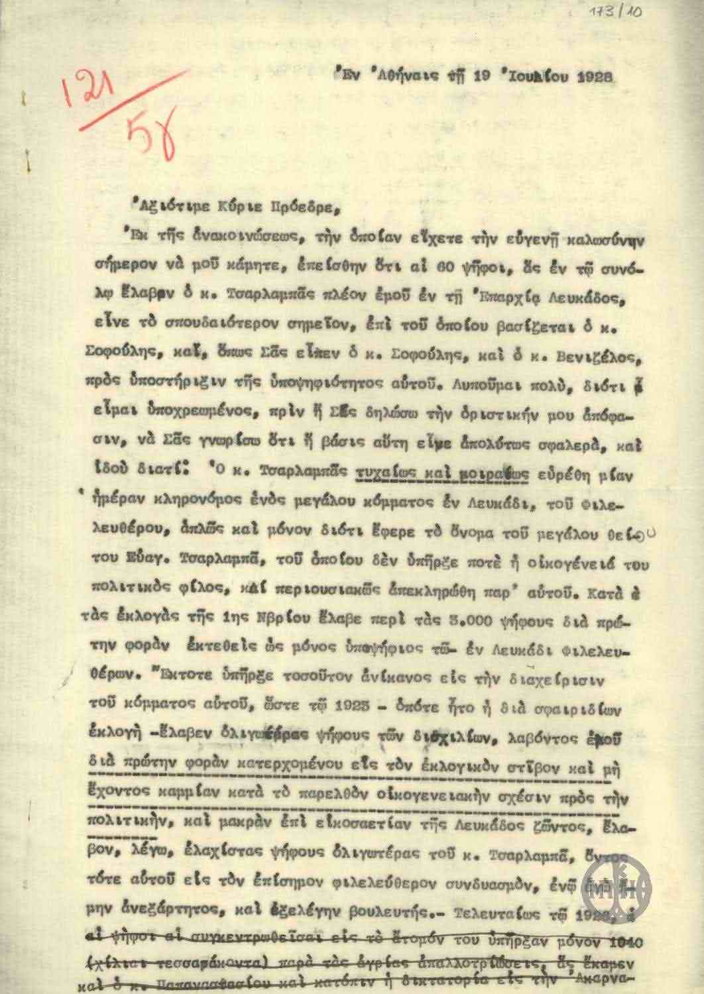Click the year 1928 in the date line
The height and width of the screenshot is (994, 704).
594,75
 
